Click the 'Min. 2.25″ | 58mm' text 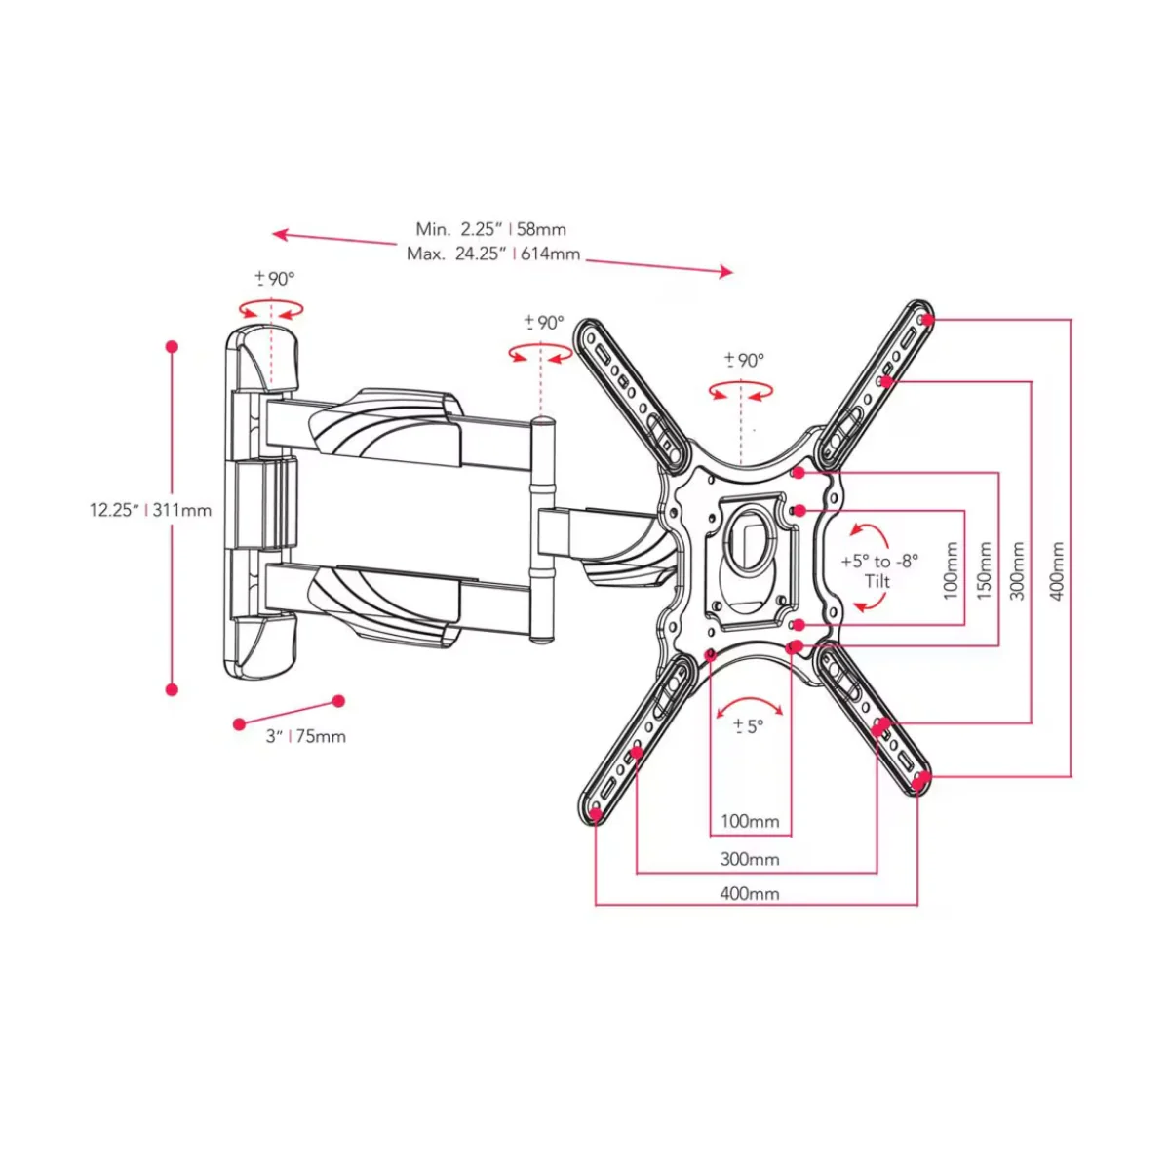(490, 229)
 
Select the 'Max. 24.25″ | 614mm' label (493, 253)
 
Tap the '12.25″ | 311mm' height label (150, 510)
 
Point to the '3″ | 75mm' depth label (306, 736)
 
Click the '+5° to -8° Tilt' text (878, 570)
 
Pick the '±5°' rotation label (749, 725)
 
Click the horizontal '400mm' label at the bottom (749, 893)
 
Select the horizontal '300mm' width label (749, 859)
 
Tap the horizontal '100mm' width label (749, 822)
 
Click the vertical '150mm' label (984, 570)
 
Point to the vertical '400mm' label (1057, 571)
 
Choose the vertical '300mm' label (1018, 570)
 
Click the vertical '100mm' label (951, 570)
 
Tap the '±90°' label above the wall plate (274, 279)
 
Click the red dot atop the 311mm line (172, 347)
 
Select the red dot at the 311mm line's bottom (172, 689)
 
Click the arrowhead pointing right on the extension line (726, 271)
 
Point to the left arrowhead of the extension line (279, 234)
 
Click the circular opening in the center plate (751, 534)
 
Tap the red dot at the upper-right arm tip (927, 319)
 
